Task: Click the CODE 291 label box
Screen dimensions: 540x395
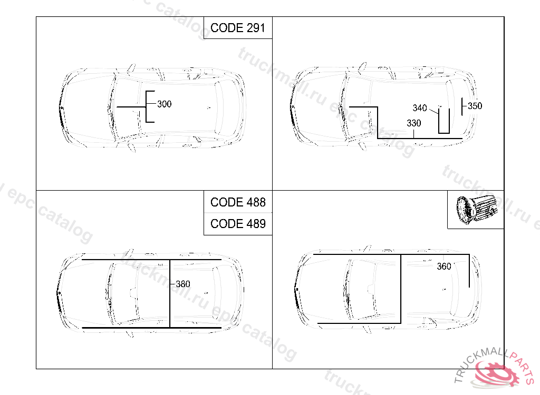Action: [238, 28]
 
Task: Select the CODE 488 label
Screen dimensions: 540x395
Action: [238, 202]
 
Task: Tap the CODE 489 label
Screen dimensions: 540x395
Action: [238, 224]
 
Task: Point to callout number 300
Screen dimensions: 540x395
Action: [165, 104]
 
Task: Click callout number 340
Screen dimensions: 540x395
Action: [420, 108]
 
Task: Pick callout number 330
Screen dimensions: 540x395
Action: [413, 123]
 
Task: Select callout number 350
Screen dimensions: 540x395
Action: [475, 106]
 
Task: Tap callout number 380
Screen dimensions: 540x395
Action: [183, 284]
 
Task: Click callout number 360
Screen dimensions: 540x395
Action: [444, 266]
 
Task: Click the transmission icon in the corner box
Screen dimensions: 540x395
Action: [477, 210]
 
